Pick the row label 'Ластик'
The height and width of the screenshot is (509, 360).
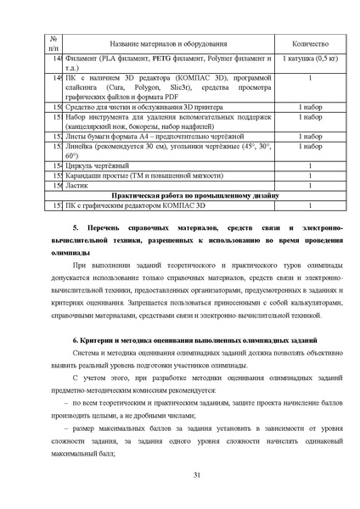(76, 184)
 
